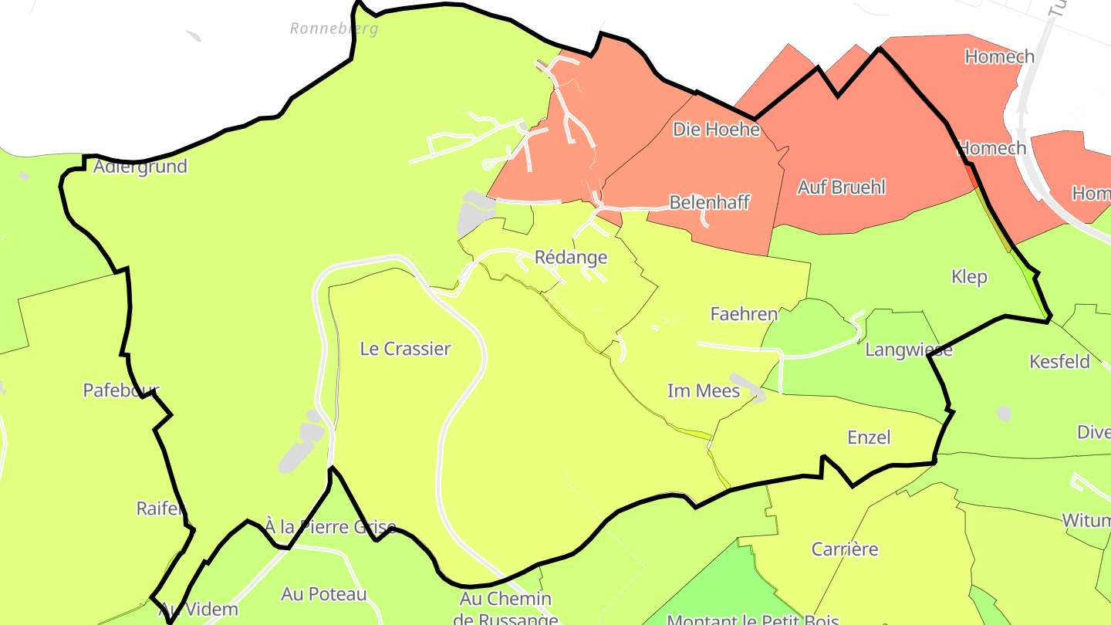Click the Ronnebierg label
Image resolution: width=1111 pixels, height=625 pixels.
click(334, 29)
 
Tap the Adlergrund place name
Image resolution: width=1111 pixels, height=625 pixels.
click(140, 167)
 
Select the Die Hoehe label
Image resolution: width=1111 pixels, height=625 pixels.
click(717, 130)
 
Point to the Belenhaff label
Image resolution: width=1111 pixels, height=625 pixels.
click(710, 202)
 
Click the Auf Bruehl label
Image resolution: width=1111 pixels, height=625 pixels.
click(842, 187)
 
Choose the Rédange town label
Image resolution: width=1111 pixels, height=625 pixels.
click(571, 258)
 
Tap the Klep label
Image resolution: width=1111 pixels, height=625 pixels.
click(969, 277)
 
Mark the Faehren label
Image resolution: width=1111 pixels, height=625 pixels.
click(744, 314)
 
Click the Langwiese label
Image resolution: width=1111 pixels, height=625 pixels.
click(909, 350)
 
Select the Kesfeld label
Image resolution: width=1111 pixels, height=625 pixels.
click(1059, 362)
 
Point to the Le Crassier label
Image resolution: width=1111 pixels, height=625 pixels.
click(405, 349)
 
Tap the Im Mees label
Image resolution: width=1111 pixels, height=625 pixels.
click(704, 391)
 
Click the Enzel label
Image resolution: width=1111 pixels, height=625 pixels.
click(869, 437)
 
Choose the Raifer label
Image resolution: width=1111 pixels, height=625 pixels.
click(161, 508)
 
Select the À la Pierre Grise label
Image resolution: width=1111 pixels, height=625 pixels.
click(330, 528)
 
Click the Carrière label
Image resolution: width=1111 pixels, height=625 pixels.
click(845, 549)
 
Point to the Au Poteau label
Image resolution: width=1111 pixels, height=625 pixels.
click(324, 594)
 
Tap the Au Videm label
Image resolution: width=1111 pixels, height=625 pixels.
click(198, 610)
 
